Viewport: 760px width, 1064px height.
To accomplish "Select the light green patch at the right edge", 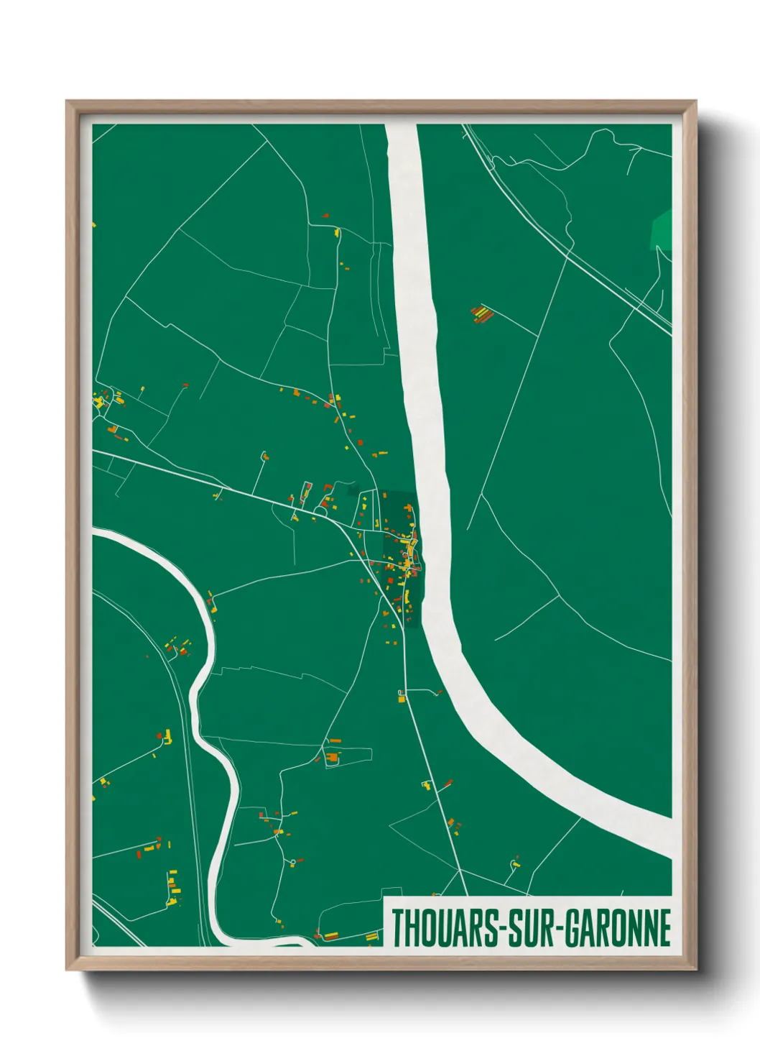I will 662,229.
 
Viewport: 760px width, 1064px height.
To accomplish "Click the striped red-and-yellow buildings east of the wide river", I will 482,314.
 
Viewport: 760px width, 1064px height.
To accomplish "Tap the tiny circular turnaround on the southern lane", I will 292,861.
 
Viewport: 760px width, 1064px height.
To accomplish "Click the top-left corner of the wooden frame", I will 68,102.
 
